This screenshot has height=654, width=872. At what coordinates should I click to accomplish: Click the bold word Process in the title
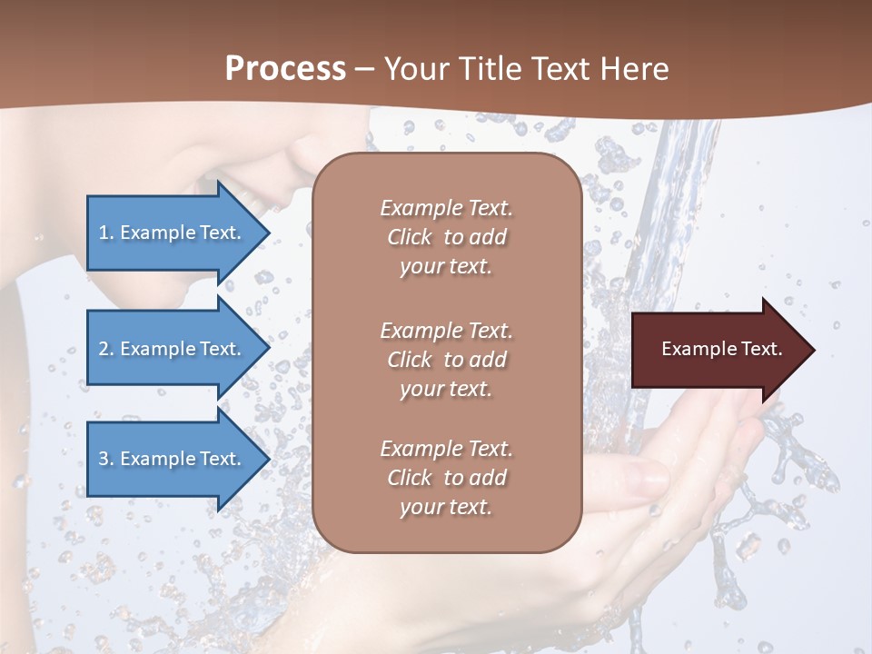click(285, 69)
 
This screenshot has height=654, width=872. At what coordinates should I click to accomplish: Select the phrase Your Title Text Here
click(527, 69)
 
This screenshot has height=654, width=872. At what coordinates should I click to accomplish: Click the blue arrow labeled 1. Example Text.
click(170, 233)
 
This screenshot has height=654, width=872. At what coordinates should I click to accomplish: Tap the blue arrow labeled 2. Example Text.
click(170, 349)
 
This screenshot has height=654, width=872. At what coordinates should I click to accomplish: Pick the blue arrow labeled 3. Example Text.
click(170, 459)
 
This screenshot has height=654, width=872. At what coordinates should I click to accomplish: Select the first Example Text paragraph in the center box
click(446, 237)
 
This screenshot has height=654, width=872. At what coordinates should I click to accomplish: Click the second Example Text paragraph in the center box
click(446, 360)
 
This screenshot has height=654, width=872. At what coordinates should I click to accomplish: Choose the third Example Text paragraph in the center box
click(446, 478)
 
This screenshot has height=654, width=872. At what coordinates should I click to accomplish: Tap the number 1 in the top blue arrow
click(104, 233)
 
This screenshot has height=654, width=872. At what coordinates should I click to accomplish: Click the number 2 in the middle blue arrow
click(104, 349)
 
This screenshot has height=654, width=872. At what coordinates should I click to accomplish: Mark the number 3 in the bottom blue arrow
click(104, 459)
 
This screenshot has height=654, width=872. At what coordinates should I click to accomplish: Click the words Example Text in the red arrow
click(721, 349)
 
